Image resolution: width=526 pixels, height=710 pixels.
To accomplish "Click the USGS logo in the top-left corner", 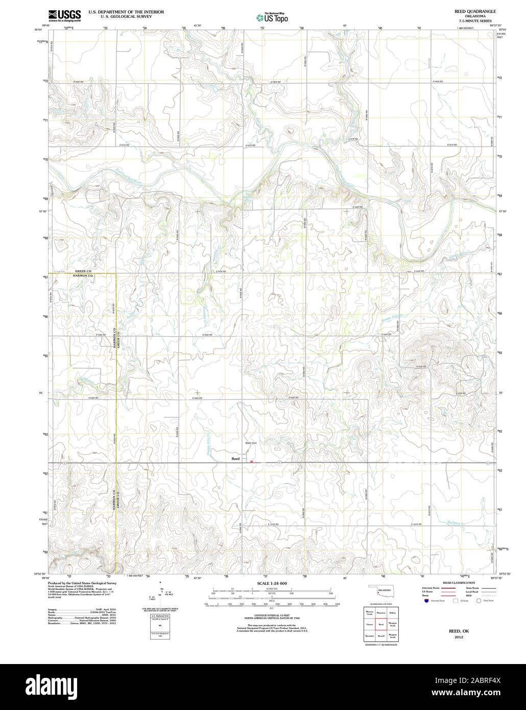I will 65,16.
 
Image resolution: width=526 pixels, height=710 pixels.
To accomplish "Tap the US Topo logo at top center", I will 272,17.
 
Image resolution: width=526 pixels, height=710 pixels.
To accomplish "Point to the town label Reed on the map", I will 235,459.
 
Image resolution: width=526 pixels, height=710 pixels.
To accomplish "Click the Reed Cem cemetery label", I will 250,443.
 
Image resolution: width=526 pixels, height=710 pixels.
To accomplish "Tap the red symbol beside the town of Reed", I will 251,462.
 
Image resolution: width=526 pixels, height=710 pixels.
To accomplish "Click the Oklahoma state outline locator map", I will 380,591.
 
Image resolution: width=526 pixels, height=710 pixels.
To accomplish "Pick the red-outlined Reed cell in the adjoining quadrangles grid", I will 381,624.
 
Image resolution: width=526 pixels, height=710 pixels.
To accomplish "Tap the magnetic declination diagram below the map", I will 161,594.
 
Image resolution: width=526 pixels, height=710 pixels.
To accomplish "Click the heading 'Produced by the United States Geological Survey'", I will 82,583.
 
